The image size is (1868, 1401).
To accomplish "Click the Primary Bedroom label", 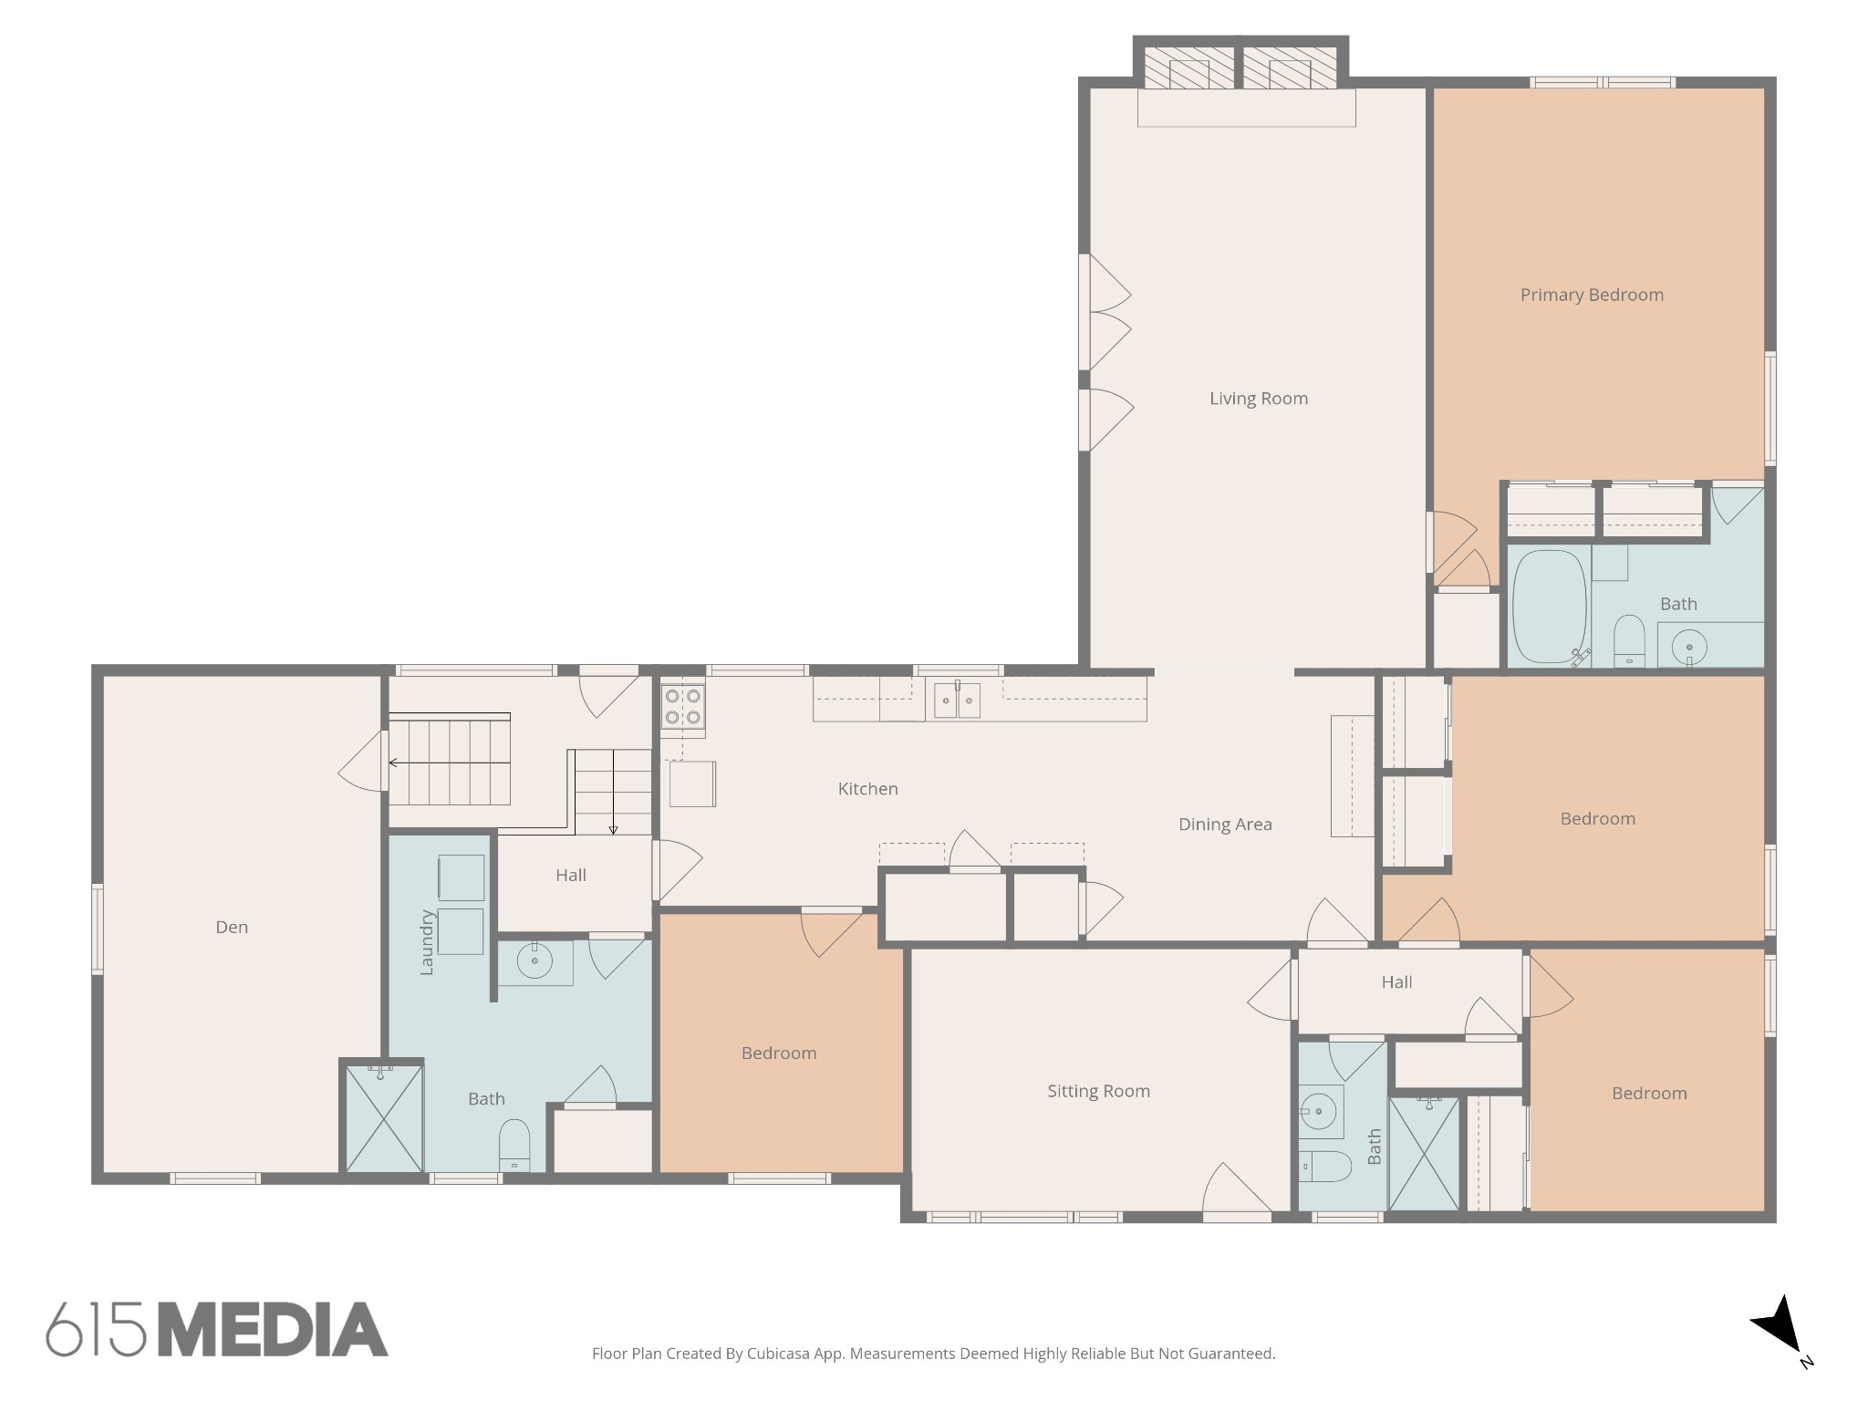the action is (x=1592, y=296).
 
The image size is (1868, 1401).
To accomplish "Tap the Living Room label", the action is (x=1259, y=399).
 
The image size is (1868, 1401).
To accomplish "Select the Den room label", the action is (x=232, y=928).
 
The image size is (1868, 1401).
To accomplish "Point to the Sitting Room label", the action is (x=1098, y=1092).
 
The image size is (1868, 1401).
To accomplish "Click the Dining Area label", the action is (x=1225, y=825).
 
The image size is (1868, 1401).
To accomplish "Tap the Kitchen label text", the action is (x=868, y=789).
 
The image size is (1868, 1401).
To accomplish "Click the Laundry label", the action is (x=426, y=942).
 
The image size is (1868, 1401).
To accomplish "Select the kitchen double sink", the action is (x=957, y=700).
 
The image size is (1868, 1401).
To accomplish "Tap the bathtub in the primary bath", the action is (x=1550, y=606).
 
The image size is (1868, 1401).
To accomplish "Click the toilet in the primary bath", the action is (x=1628, y=641).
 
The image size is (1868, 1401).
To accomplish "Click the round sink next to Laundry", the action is (x=534, y=960).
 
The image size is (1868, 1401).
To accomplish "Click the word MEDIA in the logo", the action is (x=274, y=1329).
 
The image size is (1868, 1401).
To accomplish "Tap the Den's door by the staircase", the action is (x=362, y=761).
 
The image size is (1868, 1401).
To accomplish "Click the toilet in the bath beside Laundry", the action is (x=514, y=1146).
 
